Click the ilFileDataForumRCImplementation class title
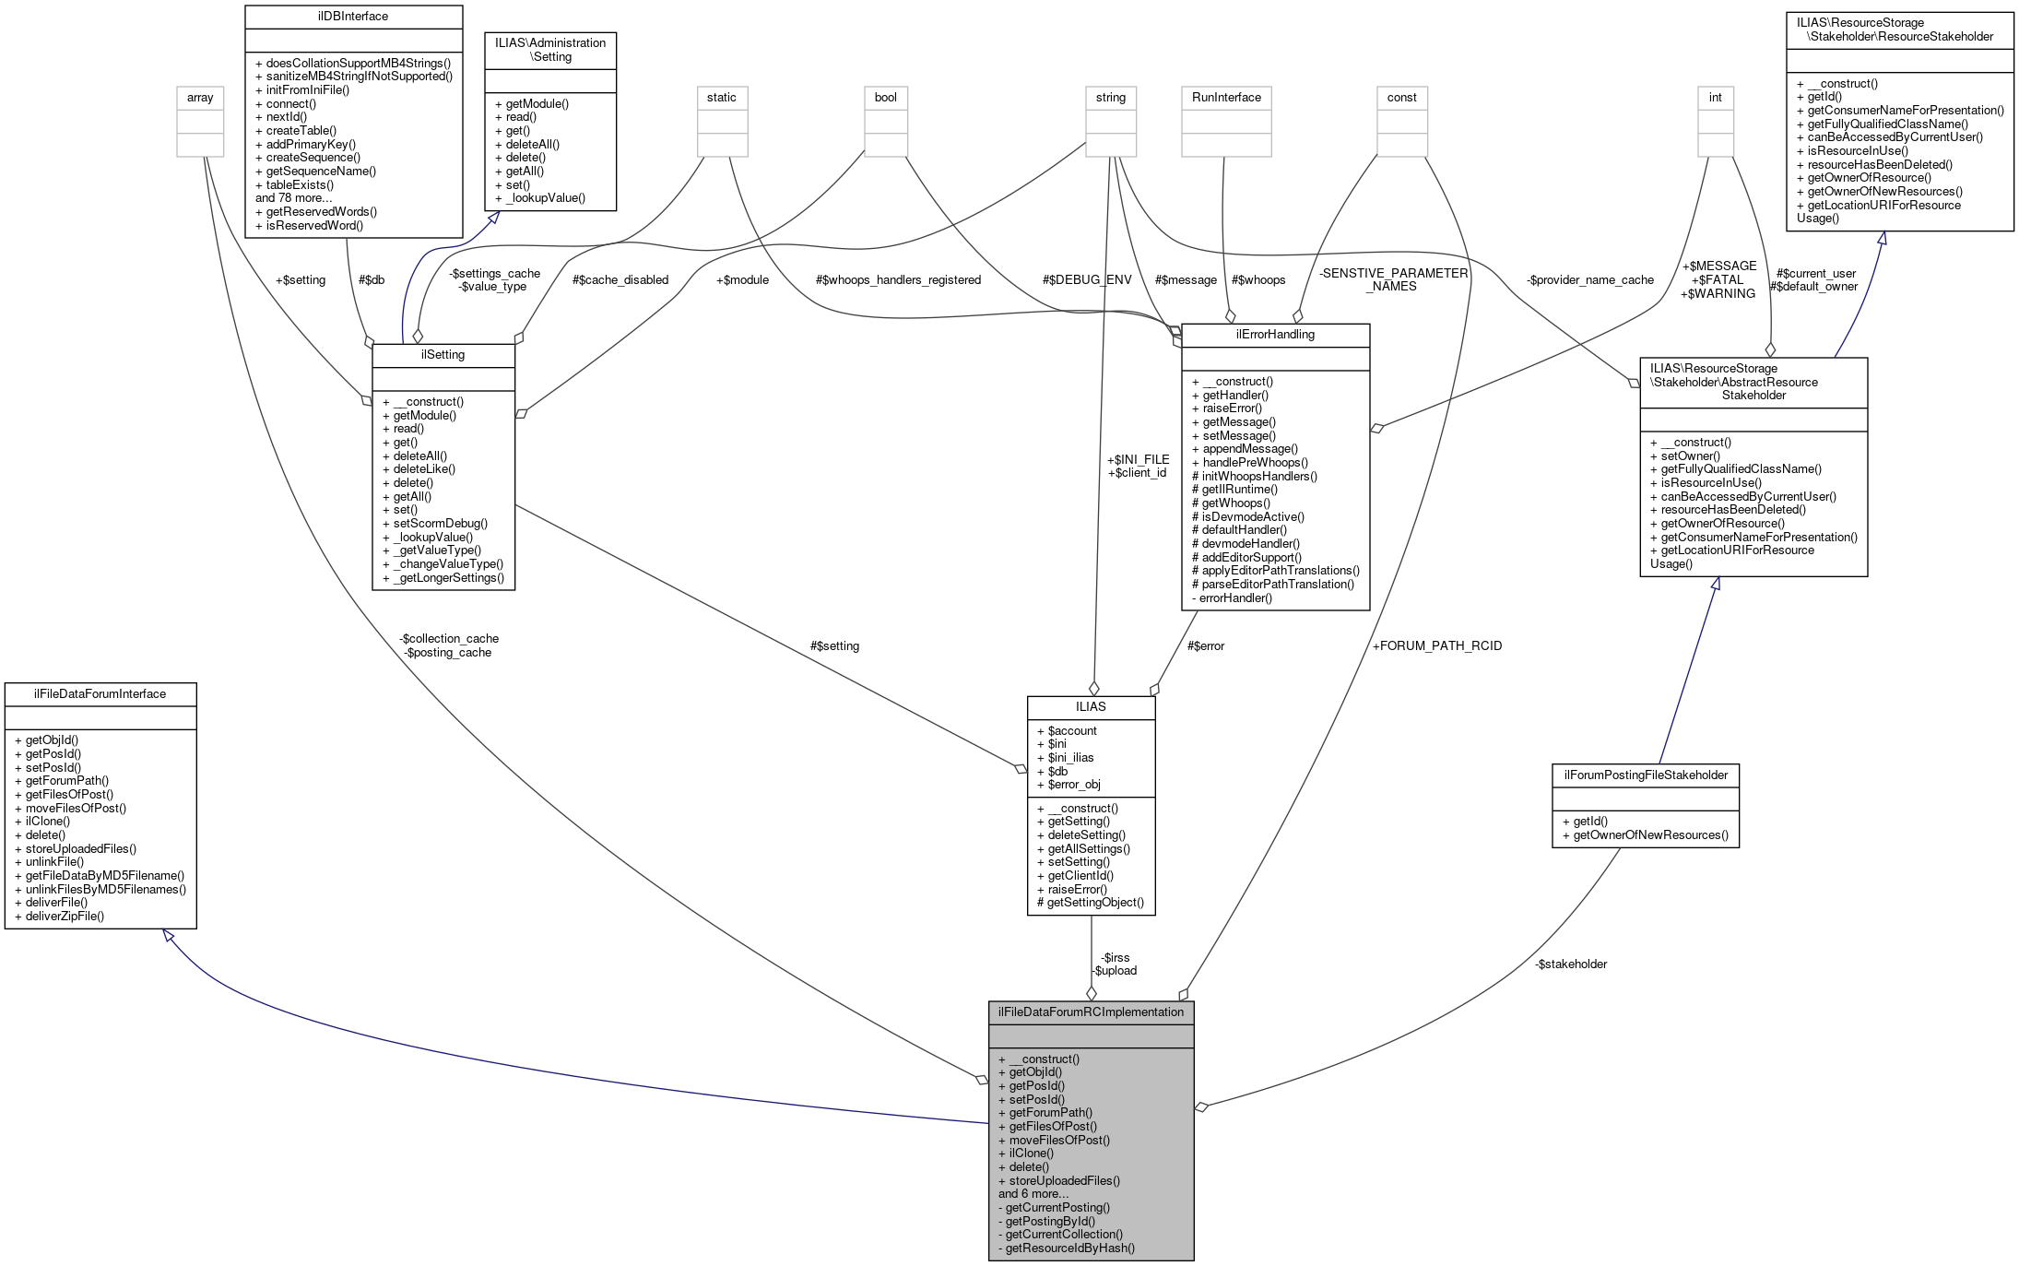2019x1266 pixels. click(1091, 1012)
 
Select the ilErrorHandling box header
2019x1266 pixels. click(1275, 335)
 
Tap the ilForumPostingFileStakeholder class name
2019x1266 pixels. click(1646, 775)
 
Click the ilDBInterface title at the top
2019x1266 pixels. click(353, 17)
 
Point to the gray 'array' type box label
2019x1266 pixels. click(200, 98)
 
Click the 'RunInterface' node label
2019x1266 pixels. click(1226, 98)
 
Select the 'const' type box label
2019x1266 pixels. click(1401, 98)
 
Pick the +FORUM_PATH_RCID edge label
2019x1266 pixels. click(1437, 645)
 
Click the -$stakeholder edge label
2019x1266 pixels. click(1571, 964)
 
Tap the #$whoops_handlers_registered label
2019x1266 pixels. click(898, 279)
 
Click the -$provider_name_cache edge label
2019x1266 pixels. click(1589, 279)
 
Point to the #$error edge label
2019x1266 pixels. click(1206, 645)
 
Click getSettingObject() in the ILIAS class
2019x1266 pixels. click(1095, 902)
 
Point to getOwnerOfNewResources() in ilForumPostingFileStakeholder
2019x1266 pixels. click(1650, 834)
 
